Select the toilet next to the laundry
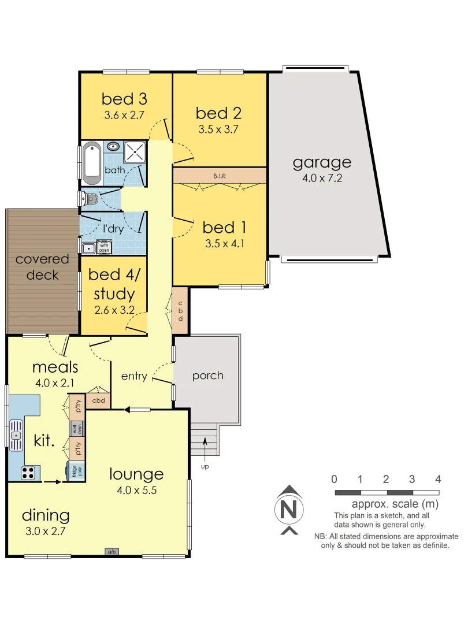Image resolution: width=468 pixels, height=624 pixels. [90, 199]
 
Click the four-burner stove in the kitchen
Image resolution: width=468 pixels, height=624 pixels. [28, 473]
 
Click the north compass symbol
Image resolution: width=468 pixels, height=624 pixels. [288, 510]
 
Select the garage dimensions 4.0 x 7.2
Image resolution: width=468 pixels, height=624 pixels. [322, 179]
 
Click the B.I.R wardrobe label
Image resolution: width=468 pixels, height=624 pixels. [220, 175]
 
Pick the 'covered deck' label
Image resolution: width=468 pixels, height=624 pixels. [42, 267]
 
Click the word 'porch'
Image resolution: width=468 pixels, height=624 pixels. [208, 376]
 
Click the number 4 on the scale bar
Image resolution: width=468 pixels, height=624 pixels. [438, 479]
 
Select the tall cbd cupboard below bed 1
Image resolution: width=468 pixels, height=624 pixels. [180, 311]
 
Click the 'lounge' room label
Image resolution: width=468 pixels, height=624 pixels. [137, 474]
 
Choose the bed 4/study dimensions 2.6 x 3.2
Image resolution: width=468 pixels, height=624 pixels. [114, 310]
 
